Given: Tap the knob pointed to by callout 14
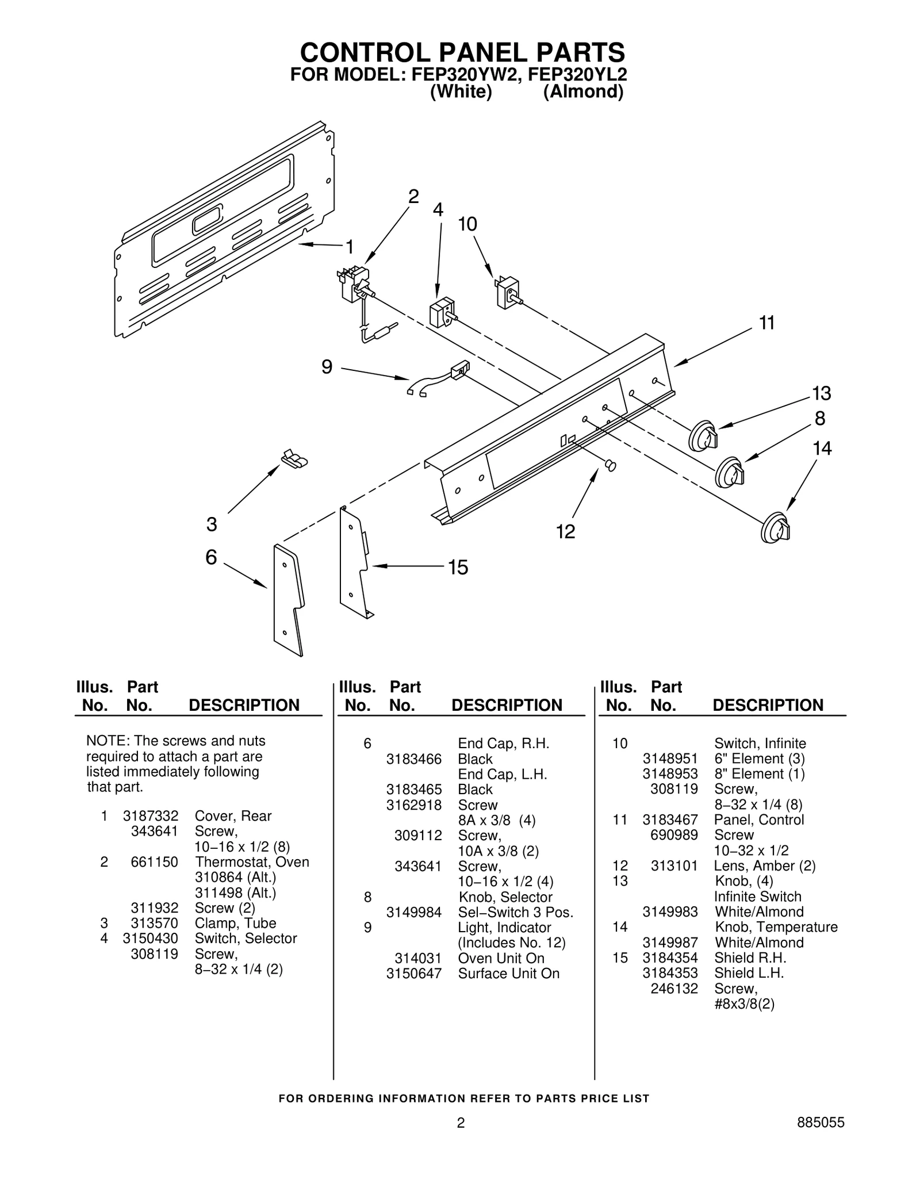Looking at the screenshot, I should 775,527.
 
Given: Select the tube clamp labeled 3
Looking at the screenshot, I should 294,458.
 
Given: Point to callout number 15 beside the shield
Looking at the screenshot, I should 458,568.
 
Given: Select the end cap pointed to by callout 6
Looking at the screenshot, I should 287,599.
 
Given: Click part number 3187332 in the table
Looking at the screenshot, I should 150,816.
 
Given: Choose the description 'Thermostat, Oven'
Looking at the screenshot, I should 252,862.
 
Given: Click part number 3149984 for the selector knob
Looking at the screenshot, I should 413,912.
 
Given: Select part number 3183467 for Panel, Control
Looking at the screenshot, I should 670,819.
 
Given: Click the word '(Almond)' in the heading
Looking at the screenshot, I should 583,92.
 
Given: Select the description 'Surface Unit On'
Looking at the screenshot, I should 508,974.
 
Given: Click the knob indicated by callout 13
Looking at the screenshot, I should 703,438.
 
